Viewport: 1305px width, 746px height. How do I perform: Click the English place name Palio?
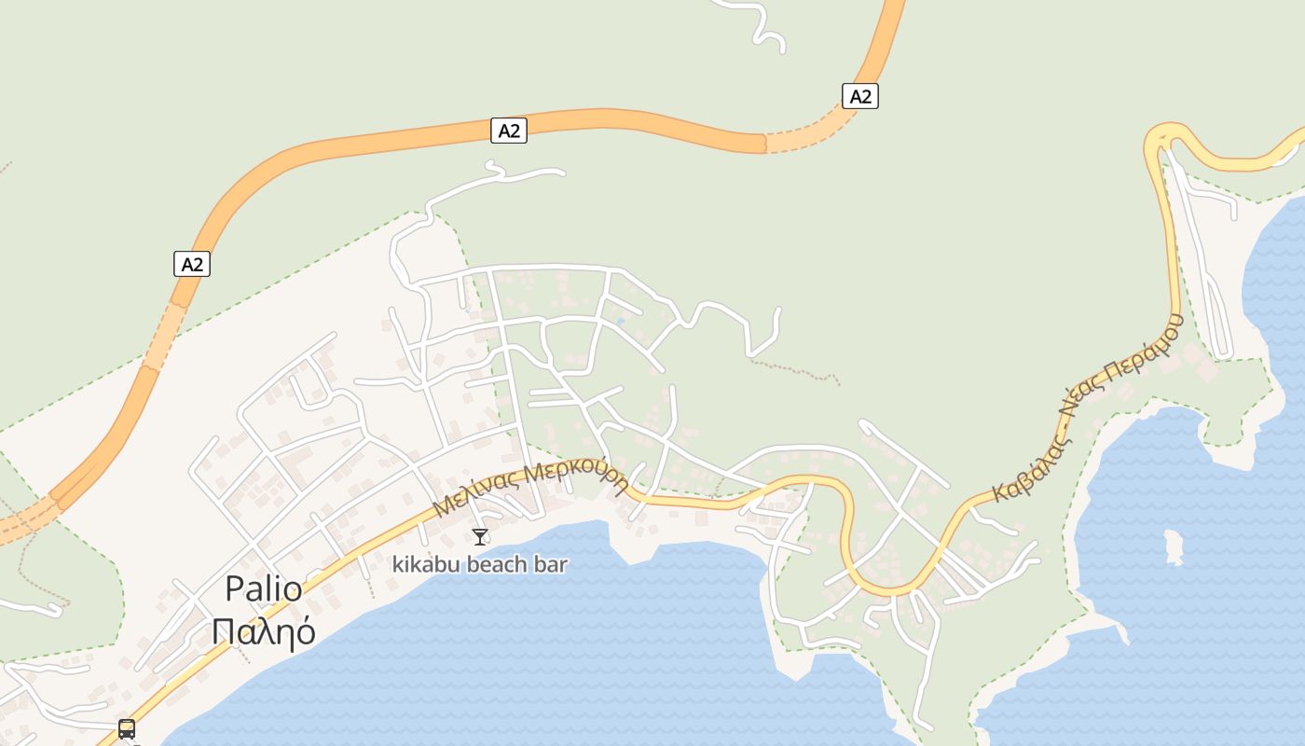point(264,589)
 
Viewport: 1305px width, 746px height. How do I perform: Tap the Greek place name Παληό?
point(264,631)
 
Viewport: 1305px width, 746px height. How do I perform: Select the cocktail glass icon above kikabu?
point(480,536)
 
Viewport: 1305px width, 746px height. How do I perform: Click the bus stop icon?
point(127,728)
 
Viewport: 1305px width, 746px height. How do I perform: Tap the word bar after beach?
point(551,564)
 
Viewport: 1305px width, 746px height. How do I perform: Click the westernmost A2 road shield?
point(192,265)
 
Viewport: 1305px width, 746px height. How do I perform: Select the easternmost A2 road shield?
point(860,96)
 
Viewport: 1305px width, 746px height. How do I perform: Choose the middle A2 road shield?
point(509,131)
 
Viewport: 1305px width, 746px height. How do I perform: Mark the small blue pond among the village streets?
point(620,323)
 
